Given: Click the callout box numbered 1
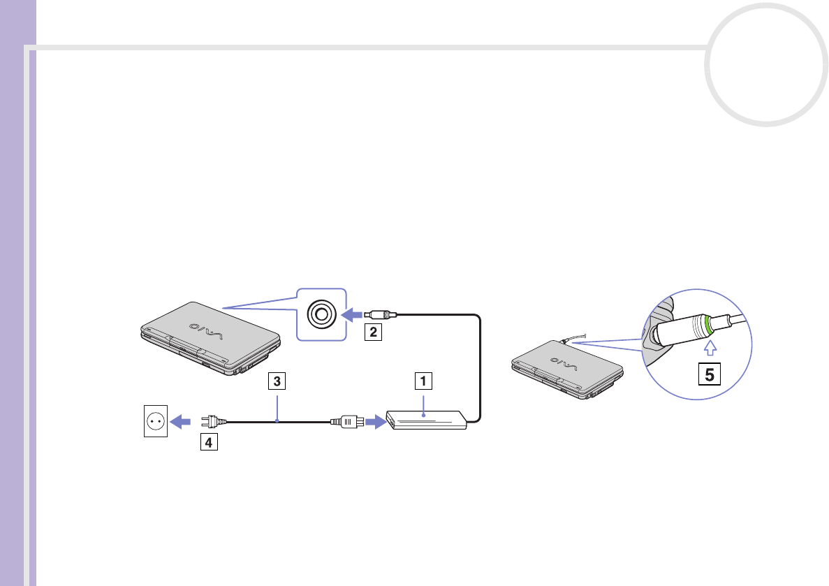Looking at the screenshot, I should click(423, 381).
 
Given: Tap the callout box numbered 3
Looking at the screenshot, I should click(277, 382).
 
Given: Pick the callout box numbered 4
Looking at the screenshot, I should click(207, 442).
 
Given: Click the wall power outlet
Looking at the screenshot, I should click(155, 422).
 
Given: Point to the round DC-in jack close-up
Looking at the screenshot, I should click(321, 314).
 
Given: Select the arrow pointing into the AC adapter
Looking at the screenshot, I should click(376, 422).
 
